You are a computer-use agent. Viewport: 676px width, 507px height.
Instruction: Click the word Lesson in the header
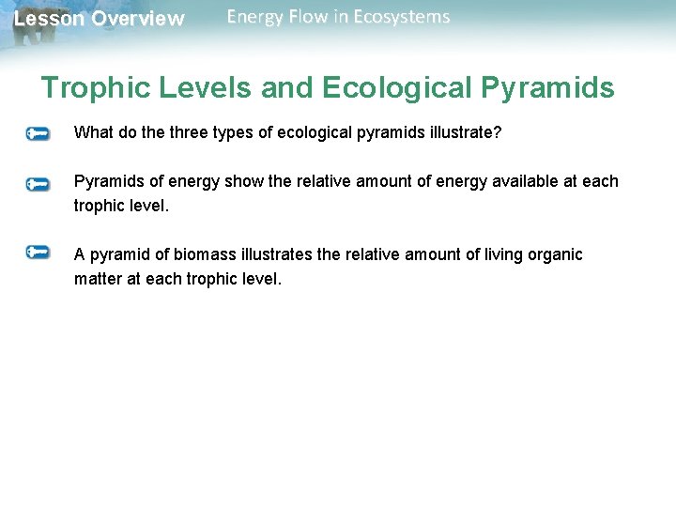[x=49, y=19]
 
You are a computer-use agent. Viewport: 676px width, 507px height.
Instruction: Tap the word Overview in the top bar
[x=138, y=19]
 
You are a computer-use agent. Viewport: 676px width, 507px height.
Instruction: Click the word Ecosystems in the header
[x=402, y=17]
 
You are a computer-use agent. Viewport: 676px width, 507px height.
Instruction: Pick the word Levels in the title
[x=207, y=88]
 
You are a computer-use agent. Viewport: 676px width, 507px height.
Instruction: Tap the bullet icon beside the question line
[x=38, y=134]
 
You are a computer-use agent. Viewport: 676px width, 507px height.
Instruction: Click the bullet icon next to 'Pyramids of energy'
[x=38, y=184]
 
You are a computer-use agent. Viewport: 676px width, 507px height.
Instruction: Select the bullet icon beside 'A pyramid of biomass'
[x=38, y=252]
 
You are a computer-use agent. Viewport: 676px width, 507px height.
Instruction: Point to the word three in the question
[x=197, y=132]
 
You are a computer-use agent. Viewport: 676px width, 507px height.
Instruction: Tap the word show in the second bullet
[x=244, y=181]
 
